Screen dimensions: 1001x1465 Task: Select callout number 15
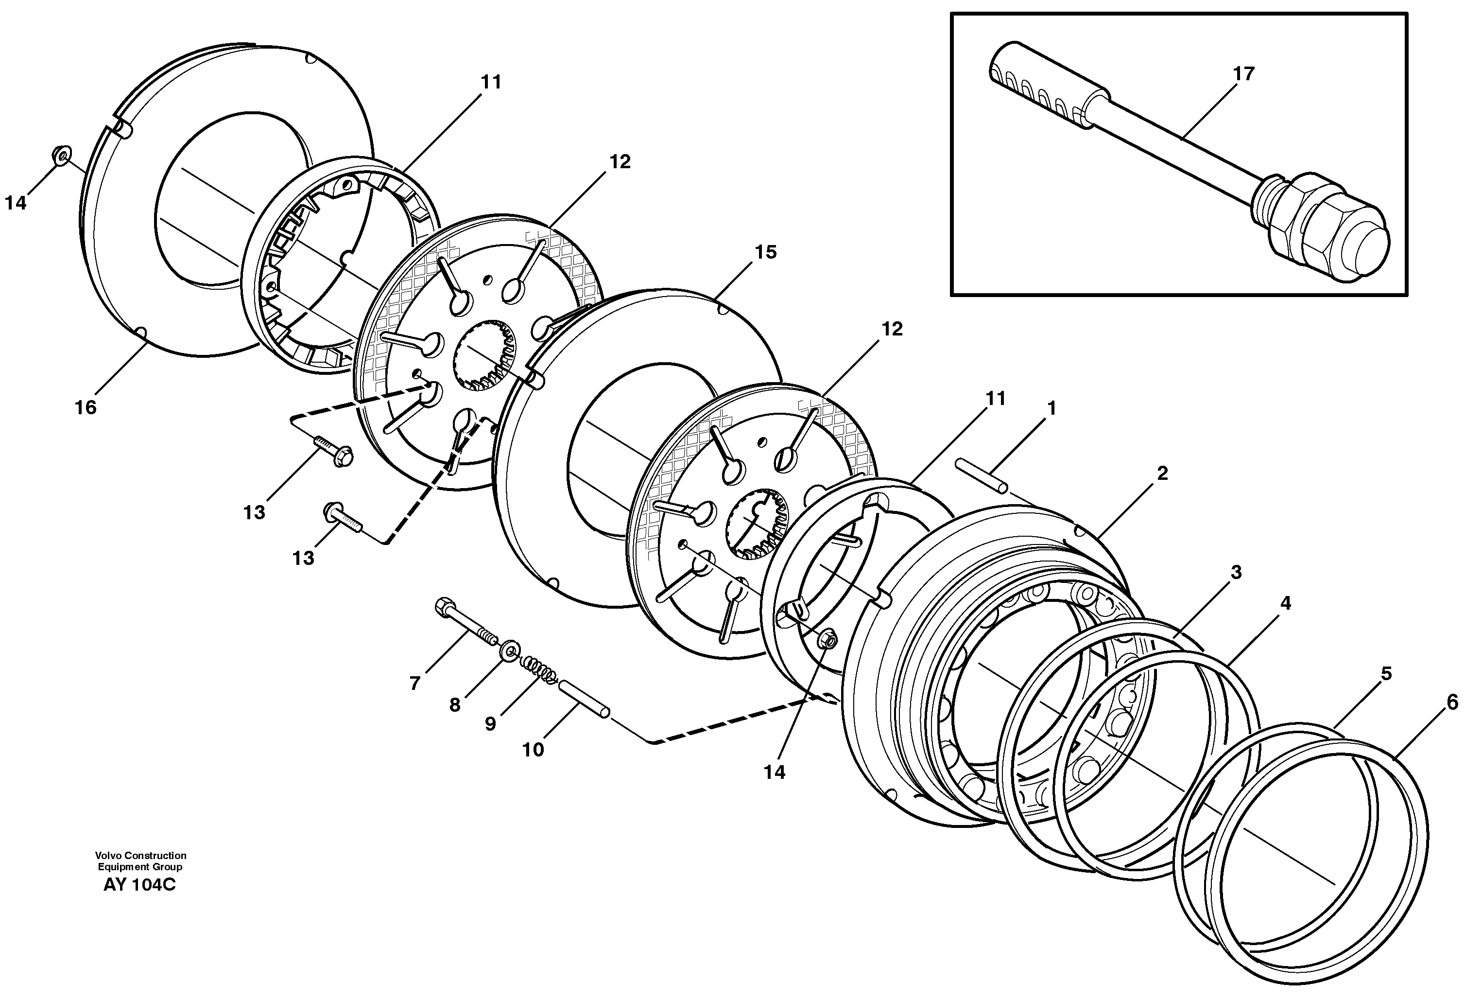pos(765,252)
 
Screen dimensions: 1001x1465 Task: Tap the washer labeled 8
pos(509,650)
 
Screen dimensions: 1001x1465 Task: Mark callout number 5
pos(1386,674)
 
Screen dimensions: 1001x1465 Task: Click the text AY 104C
pos(139,884)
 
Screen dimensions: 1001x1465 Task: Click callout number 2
pos(1162,473)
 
